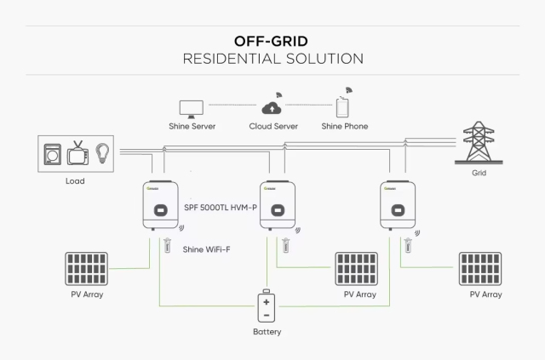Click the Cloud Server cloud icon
pyautogui.click(x=272, y=106)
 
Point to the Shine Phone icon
pyautogui.click(x=344, y=106)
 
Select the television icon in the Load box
pyautogui.click(x=78, y=155)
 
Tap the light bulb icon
pyautogui.click(x=102, y=154)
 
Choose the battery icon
pyautogui.click(x=267, y=307)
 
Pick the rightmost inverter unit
pyautogui.click(x=398, y=205)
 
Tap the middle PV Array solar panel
pyautogui.click(x=359, y=268)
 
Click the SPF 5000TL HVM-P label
pyautogui.click(x=221, y=208)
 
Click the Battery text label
pyautogui.click(x=267, y=331)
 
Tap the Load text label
pyautogui.click(x=75, y=180)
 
